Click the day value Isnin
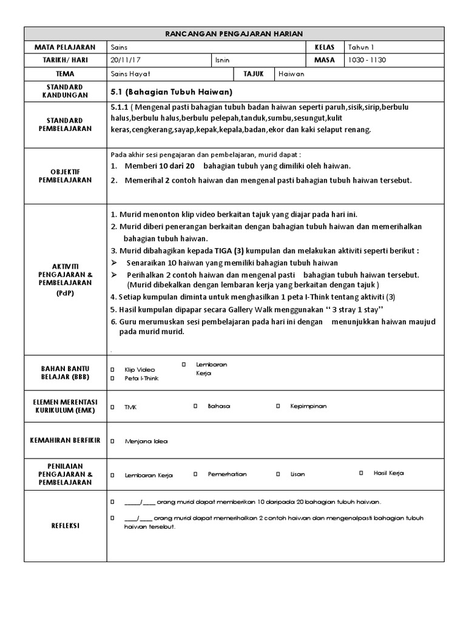(x=223, y=60)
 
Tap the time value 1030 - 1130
(x=368, y=60)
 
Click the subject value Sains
(x=120, y=47)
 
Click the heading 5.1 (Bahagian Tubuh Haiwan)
(x=172, y=92)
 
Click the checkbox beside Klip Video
(x=112, y=369)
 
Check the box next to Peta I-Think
(x=112, y=378)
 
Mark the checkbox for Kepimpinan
(x=278, y=406)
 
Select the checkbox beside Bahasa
(x=195, y=406)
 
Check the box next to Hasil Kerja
(x=361, y=472)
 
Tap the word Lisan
(x=297, y=474)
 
